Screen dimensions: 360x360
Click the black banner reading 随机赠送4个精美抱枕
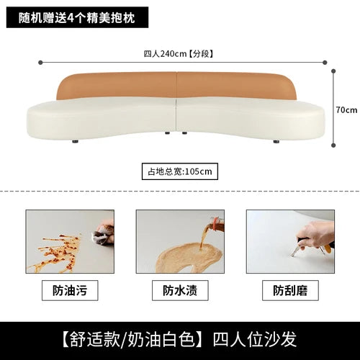point(77,17)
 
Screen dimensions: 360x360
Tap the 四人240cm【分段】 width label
point(179,53)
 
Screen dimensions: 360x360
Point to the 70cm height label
point(346,110)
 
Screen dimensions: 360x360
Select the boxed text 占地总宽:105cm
point(180,171)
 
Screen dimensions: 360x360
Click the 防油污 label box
point(70,290)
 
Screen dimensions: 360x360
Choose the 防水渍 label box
point(180,290)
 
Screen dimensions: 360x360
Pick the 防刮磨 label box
point(290,290)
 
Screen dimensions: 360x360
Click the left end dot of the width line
point(40,63)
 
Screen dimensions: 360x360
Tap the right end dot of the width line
point(325,63)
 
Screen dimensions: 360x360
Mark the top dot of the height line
point(333,71)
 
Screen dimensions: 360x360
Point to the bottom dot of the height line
point(333,145)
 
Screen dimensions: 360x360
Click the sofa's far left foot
point(76,141)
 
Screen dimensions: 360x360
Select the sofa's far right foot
point(276,141)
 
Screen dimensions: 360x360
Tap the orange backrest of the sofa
point(176,85)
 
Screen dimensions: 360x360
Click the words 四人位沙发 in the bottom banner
point(255,339)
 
